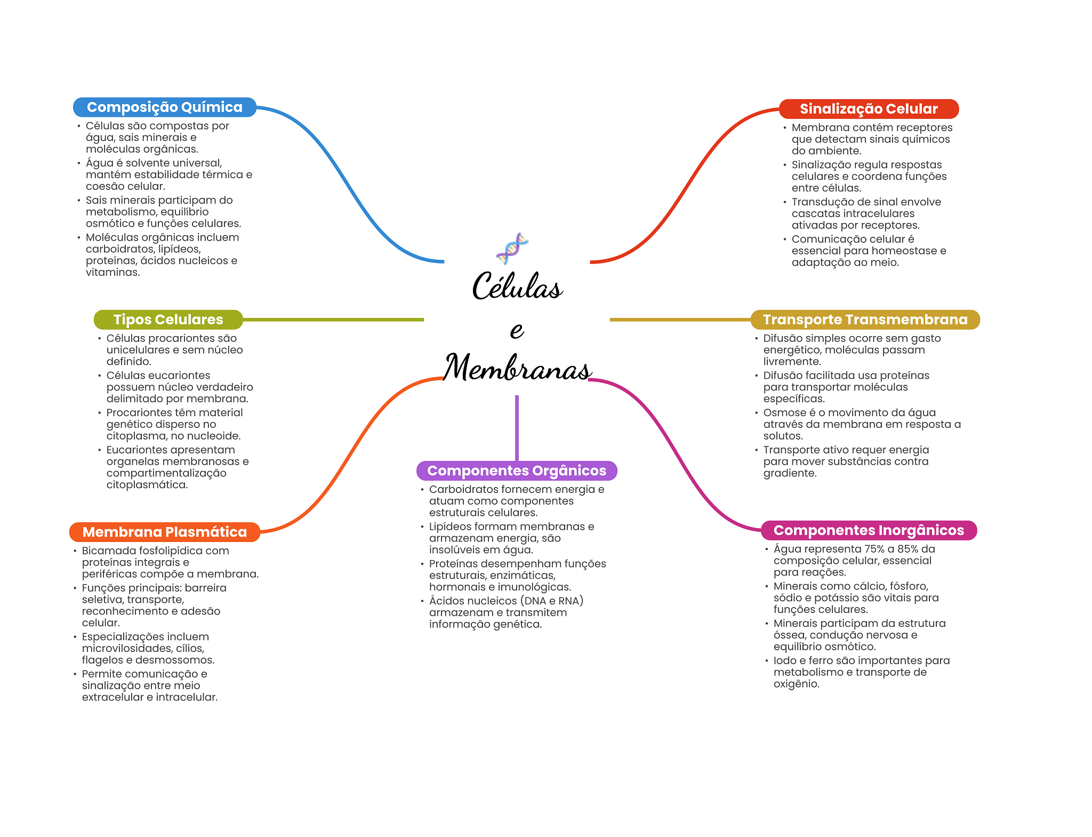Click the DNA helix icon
coord(512,249)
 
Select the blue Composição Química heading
coord(164,107)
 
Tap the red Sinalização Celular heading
coord(869,109)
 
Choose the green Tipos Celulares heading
coord(168,320)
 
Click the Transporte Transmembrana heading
coord(865,320)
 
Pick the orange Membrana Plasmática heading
coord(164,532)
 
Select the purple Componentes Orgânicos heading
coord(517,471)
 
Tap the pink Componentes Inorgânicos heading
coord(869,530)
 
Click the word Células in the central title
coord(517,286)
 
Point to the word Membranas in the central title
coord(517,368)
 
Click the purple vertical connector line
coord(517,427)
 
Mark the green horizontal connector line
coord(333,320)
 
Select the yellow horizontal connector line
coord(680,320)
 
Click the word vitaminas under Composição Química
coord(113,272)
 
